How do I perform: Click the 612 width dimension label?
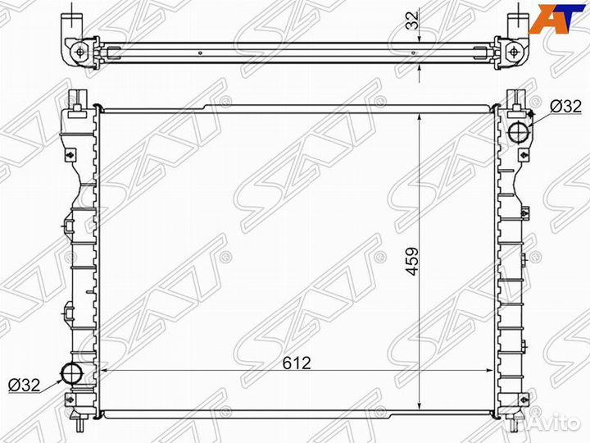[297, 363]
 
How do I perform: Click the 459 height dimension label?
[412, 261]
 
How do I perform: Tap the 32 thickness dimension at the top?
[412, 21]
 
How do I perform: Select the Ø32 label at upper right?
[565, 107]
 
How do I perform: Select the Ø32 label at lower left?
[24, 385]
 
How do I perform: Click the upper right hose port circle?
[520, 131]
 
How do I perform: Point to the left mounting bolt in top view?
[79, 52]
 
